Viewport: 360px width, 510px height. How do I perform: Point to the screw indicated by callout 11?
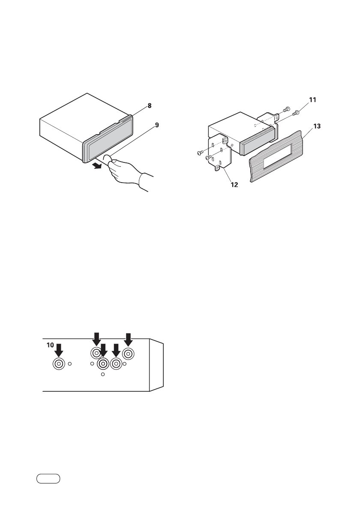click(296, 113)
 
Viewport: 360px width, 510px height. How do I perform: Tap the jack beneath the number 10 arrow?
click(59, 364)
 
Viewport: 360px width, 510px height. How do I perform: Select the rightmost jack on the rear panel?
click(128, 354)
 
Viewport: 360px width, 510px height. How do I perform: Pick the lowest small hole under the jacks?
click(102, 375)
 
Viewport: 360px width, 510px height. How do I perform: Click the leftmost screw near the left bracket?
click(199, 153)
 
